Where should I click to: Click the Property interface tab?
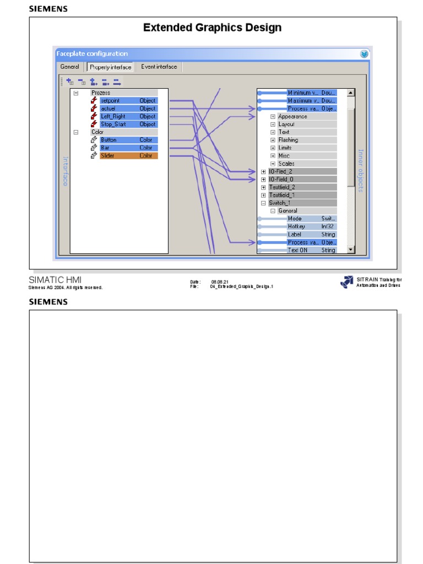coord(110,67)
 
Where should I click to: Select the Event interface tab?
coord(159,67)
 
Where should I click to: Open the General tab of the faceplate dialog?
coord(70,67)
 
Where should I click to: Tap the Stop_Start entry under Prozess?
coord(113,124)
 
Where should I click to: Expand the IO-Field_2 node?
coord(263,172)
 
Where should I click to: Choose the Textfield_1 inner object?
coord(282,195)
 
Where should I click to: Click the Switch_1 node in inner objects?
coord(280,203)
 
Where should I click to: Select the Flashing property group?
coord(288,140)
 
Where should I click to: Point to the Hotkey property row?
coord(296,226)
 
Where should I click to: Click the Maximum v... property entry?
coord(302,101)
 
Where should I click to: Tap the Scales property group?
coord(286,164)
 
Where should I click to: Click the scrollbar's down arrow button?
coord(351,250)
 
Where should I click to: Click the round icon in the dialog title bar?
coord(364,54)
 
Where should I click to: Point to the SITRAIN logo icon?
coord(346,282)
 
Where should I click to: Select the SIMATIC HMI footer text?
coord(55,280)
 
